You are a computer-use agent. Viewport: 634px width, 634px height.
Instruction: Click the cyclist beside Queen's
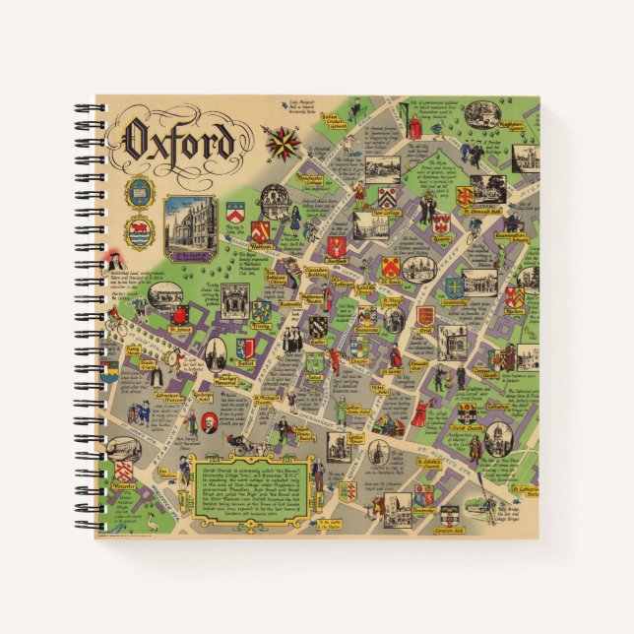pyautogui.click(x=474, y=235)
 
